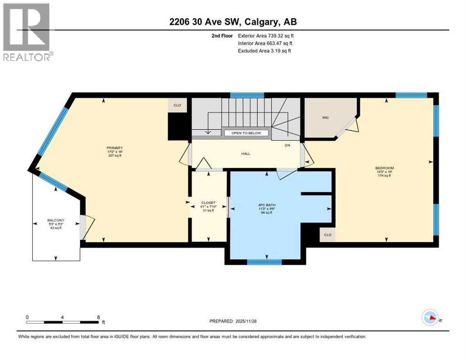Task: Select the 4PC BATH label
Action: tap(265, 204)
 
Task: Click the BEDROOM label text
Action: tap(384, 168)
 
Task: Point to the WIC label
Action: tap(325, 118)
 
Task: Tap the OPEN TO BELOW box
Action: tap(246, 133)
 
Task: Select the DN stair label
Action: tap(288, 145)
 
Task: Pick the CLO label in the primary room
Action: tap(177, 105)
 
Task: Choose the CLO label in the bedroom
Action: tap(328, 235)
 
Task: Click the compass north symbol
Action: tap(430, 318)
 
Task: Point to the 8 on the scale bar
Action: tap(98, 317)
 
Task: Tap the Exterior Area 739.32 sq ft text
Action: tap(266, 36)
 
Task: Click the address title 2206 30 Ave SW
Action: tap(233, 22)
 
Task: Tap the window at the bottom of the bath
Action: tap(264, 262)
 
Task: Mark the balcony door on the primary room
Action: tap(83, 227)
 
